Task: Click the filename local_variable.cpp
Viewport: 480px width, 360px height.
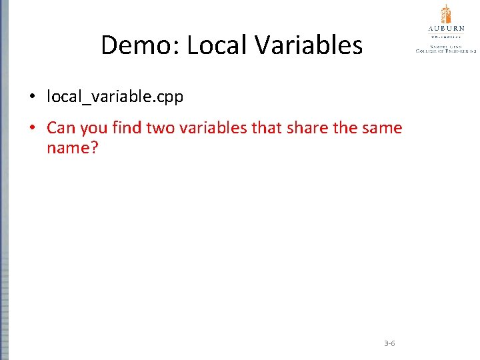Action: tap(115, 97)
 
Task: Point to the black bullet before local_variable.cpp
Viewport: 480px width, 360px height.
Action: tap(32, 97)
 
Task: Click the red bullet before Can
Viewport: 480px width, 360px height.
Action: tap(32, 127)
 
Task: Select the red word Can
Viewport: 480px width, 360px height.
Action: tap(61, 127)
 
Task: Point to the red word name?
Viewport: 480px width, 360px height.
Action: tap(72, 147)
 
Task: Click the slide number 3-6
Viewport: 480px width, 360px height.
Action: tap(389, 343)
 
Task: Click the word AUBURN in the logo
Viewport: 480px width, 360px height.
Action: tap(446, 29)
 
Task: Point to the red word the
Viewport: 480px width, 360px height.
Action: tap(345, 127)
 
